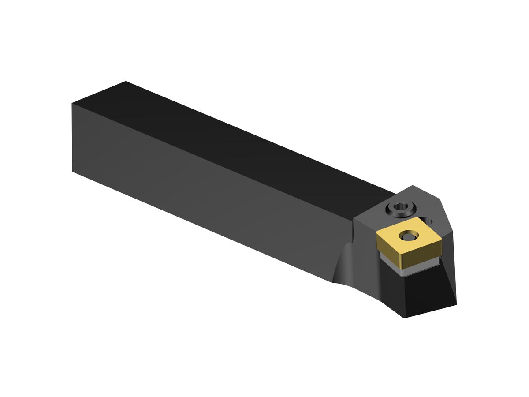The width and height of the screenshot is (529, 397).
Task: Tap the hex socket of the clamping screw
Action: tap(401, 206)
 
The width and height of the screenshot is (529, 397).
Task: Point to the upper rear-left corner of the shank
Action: tap(72, 104)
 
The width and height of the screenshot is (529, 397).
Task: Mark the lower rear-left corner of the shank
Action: tap(72, 171)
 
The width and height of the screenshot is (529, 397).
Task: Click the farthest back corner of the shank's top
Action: tap(126, 81)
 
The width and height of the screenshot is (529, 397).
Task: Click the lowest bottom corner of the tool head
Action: tap(405, 318)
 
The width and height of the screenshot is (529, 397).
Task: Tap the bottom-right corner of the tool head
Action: tap(456, 304)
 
